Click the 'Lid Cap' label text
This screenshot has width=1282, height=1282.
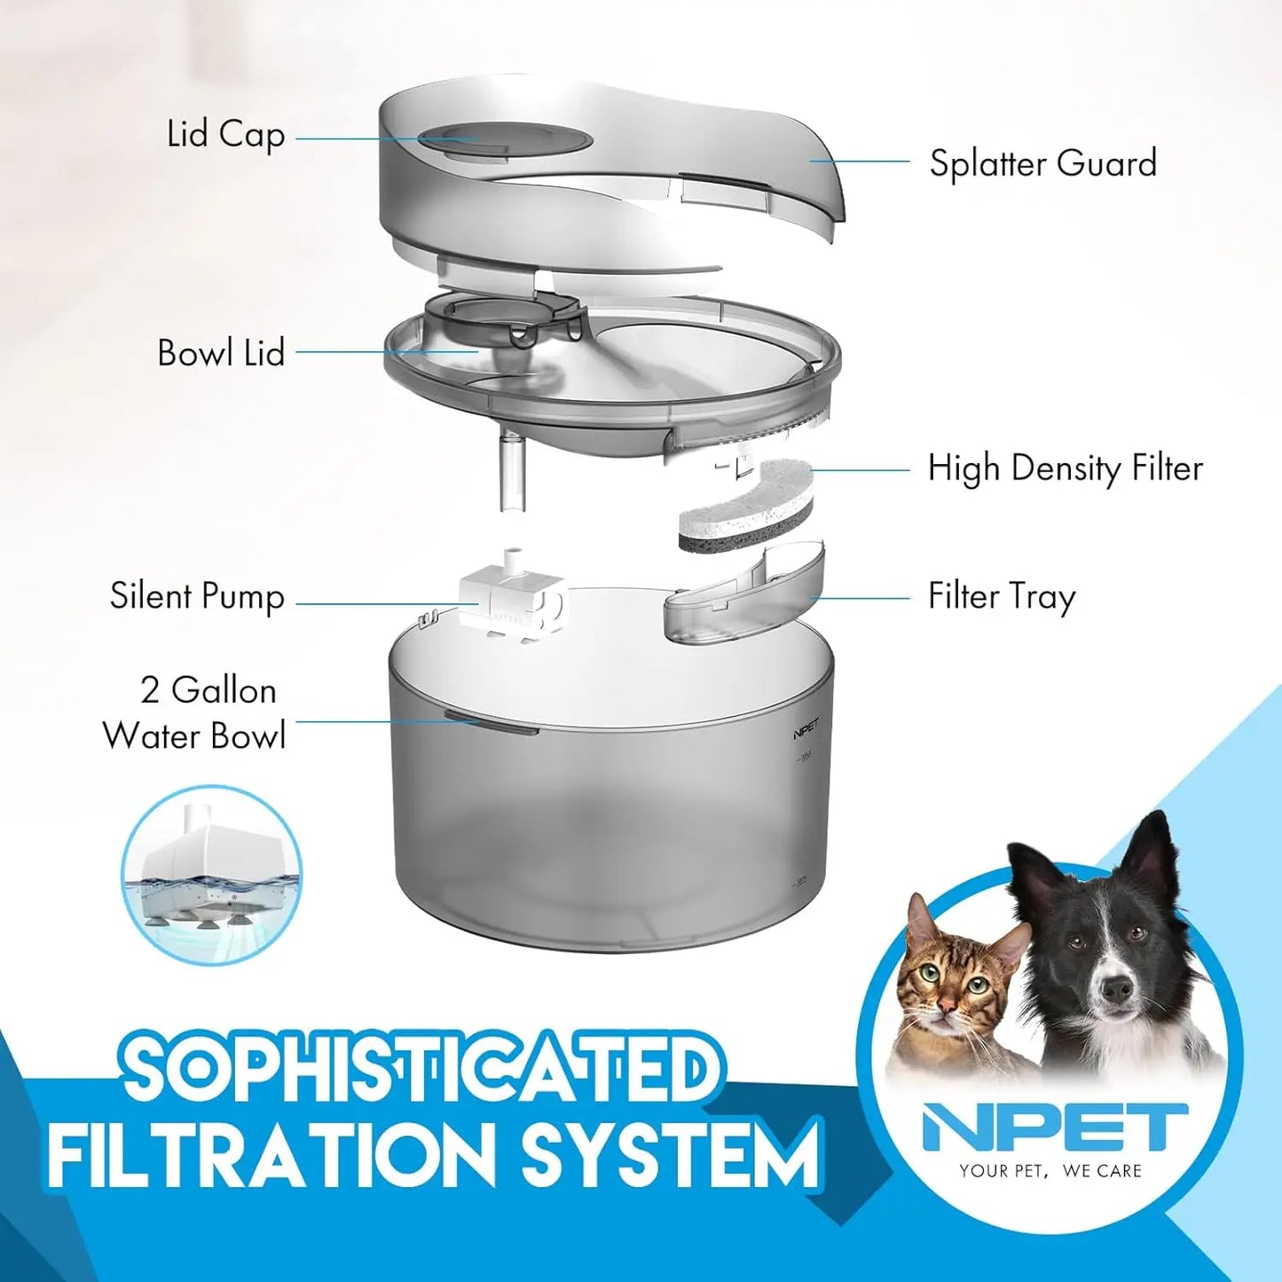click(x=225, y=136)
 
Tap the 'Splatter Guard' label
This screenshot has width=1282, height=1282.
click(x=1042, y=164)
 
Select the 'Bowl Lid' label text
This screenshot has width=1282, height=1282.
click(x=221, y=353)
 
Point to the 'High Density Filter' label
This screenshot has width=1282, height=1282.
click(x=1065, y=468)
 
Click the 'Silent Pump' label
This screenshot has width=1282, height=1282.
click(x=197, y=596)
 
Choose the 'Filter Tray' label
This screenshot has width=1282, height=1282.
click(x=1001, y=596)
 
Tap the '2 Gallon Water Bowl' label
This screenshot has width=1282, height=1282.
click(x=194, y=713)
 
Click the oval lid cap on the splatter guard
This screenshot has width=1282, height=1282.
click(x=504, y=139)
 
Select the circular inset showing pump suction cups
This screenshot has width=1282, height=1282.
click(x=211, y=875)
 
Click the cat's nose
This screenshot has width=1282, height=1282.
click(x=948, y=1003)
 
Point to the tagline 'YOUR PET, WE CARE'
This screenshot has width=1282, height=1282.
click(x=1050, y=1171)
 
